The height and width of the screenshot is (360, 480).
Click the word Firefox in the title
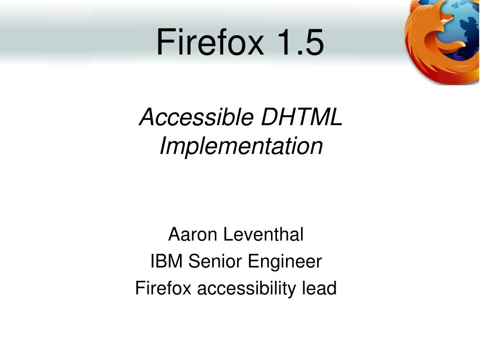click(x=210, y=42)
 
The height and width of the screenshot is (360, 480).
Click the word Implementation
click(x=241, y=146)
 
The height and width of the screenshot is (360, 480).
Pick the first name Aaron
click(x=194, y=234)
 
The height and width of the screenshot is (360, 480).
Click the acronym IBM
click(x=167, y=262)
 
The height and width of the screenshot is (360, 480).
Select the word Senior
click(x=216, y=262)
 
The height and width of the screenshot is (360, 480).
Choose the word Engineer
click(x=285, y=262)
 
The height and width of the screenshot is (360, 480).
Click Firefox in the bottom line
click(x=163, y=288)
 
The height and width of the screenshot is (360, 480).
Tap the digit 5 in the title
click(x=314, y=42)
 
